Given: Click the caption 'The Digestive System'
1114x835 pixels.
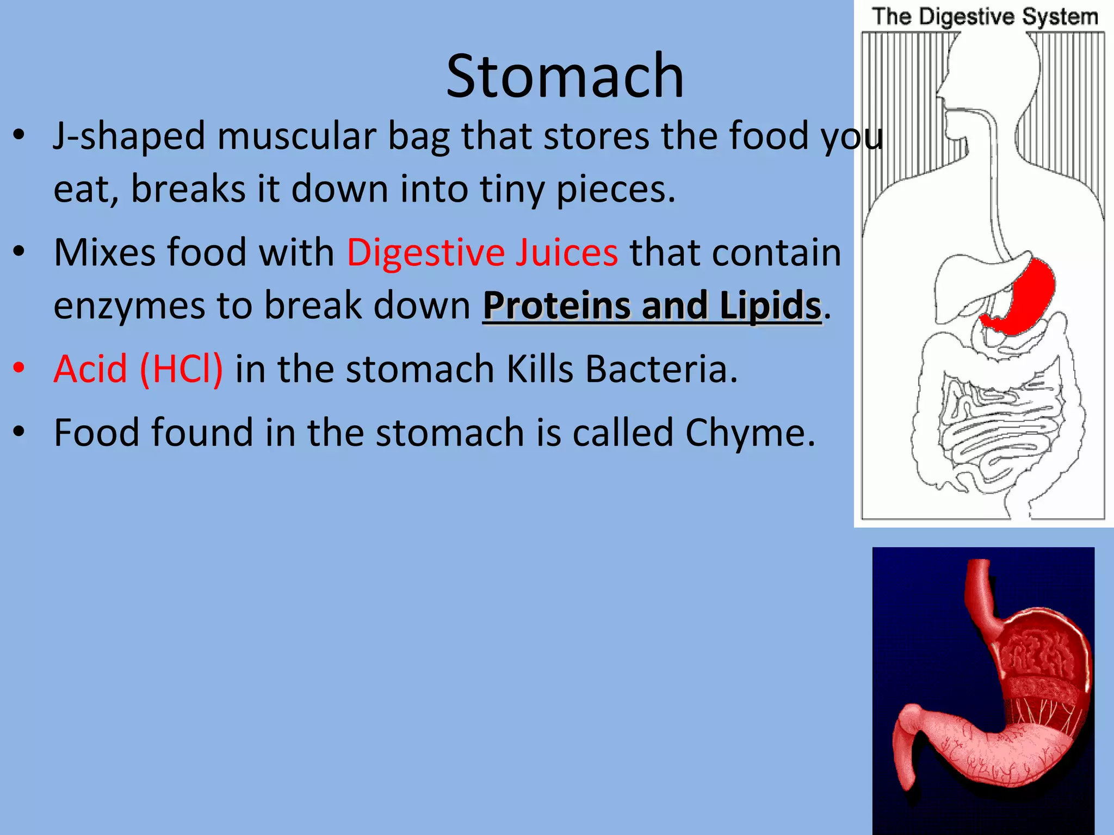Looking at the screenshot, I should point(985,17).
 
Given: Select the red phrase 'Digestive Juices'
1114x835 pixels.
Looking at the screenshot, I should point(482,253).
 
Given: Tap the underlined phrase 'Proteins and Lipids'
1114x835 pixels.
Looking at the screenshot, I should point(652,306).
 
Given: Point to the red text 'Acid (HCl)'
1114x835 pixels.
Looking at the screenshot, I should point(138,369).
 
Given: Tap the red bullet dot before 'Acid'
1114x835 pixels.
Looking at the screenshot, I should point(19,368).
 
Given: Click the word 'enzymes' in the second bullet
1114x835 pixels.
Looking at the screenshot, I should point(129,306).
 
